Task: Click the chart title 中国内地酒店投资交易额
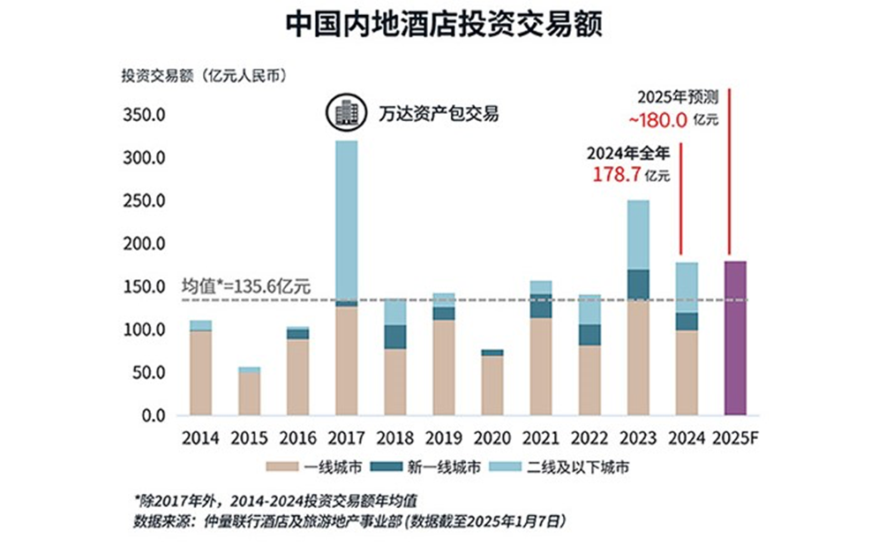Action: (x=443, y=24)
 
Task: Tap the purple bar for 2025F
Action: (x=735, y=337)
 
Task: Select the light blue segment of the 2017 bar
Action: (x=347, y=219)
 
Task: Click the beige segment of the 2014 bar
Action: (x=201, y=372)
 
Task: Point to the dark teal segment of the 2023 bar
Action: (x=638, y=284)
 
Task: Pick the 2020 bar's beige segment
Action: (x=492, y=384)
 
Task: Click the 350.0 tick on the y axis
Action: (x=143, y=115)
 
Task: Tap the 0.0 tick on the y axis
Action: (x=153, y=415)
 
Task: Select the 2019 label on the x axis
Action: (x=444, y=437)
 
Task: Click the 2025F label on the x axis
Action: (x=736, y=437)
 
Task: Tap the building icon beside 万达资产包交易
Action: (x=343, y=113)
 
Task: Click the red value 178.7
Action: (x=616, y=173)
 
